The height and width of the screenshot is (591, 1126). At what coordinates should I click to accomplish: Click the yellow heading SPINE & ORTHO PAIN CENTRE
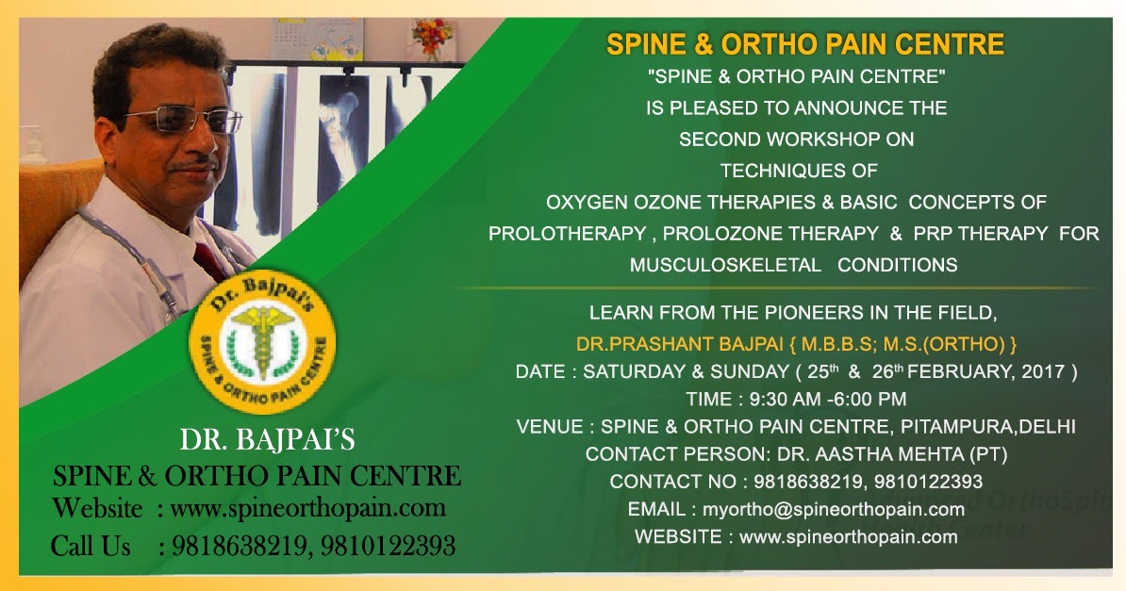click(804, 44)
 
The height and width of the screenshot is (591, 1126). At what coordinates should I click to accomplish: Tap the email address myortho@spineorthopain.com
click(833, 510)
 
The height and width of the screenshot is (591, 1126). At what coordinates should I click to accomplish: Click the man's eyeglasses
click(183, 121)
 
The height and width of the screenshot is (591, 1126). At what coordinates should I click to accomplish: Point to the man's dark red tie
click(210, 259)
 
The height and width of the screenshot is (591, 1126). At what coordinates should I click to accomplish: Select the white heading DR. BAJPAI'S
click(268, 441)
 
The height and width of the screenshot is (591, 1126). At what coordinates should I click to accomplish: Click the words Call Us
click(91, 545)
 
